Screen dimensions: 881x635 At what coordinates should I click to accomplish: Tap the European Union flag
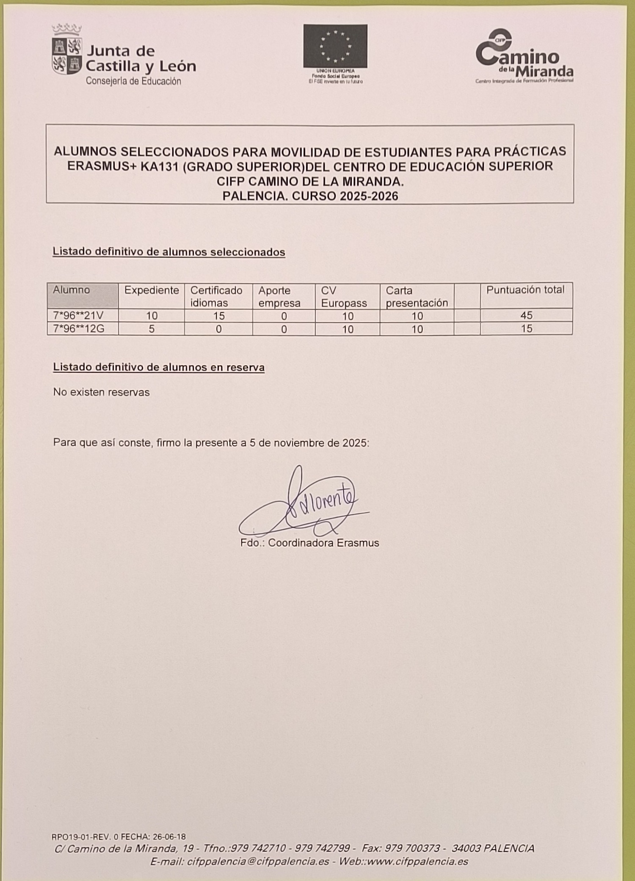(335, 46)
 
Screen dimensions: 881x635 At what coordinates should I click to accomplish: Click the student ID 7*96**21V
(78, 316)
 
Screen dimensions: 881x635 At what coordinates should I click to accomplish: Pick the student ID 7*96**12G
(78, 329)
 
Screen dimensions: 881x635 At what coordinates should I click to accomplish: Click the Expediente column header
(152, 290)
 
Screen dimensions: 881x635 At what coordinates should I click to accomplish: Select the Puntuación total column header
(525, 290)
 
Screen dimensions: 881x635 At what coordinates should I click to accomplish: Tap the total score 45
(526, 315)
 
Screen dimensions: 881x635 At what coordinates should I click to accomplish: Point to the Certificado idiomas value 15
(219, 316)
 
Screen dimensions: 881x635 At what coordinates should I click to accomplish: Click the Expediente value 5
(152, 329)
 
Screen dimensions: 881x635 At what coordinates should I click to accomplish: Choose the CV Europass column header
(344, 296)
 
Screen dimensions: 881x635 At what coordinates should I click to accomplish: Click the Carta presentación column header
(417, 296)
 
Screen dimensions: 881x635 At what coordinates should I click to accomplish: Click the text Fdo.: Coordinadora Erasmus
(309, 543)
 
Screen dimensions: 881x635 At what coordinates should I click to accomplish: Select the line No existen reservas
(102, 392)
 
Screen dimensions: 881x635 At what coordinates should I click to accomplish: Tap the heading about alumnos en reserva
(159, 367)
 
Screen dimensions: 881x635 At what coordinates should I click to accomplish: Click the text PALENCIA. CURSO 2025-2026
(310, 196)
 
